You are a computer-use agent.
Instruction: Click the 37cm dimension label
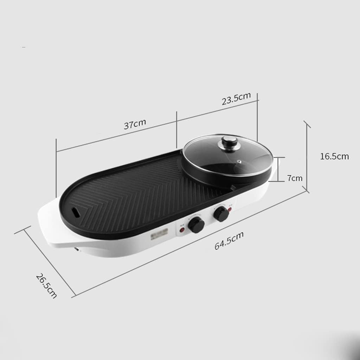(135, 124)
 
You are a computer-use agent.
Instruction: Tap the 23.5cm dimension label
(236, 99)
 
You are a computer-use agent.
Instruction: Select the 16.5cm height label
(334, 156)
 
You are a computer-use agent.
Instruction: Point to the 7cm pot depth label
(295, 178)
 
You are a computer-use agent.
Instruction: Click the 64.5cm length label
(229, 241)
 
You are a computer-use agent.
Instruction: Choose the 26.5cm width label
(46, 285)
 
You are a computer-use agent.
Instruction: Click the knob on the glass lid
(229, 142)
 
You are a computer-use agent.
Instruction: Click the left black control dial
(196, 225)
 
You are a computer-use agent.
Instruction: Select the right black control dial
(221, 213)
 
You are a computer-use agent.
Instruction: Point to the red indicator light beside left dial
(182, 230)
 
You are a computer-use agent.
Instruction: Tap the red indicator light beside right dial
(230, 210)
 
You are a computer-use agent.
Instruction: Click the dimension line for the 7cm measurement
(279, 169)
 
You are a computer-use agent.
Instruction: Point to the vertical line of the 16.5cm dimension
(308, 158)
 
